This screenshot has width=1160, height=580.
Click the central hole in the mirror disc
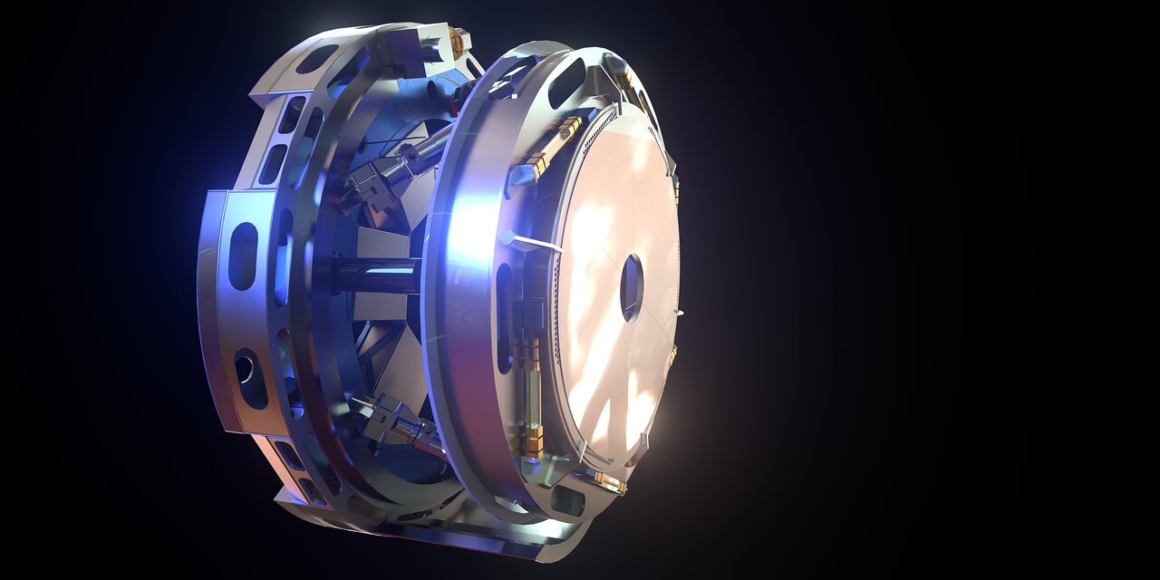631,288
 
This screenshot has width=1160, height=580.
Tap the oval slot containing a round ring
246,372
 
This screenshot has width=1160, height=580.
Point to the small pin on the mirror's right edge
678,314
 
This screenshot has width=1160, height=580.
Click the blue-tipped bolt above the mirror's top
617,63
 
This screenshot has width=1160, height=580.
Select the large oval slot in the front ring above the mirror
565,82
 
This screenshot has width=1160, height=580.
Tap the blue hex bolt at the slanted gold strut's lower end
519,178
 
